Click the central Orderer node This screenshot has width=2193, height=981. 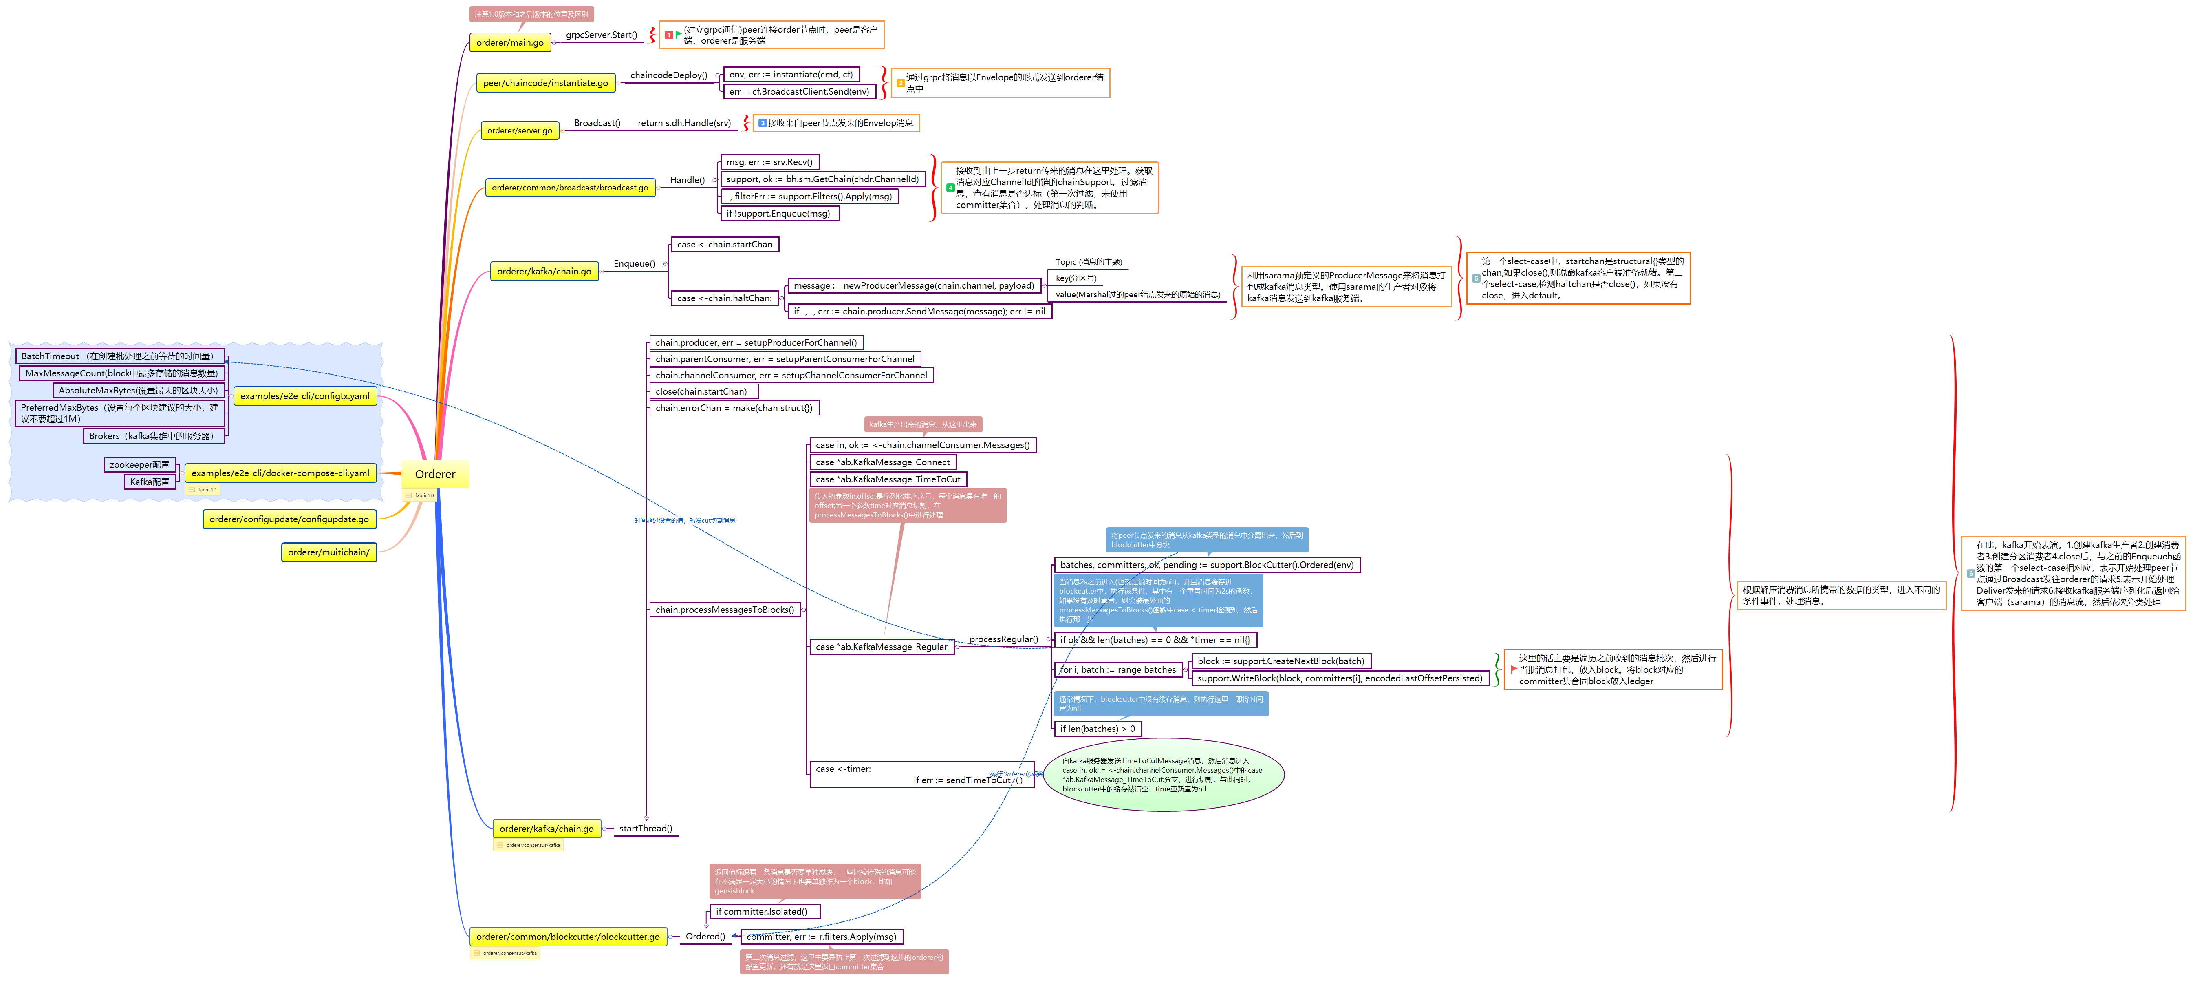click(435, 474)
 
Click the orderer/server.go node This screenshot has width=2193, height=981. click(519, 130)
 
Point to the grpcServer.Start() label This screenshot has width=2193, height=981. click(601, 35)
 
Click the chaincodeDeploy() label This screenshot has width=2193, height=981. click(668, 75)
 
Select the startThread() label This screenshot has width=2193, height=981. click(645, 828)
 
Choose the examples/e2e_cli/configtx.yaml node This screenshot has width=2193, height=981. click(305, 396)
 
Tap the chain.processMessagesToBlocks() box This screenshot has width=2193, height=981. click(725, 610)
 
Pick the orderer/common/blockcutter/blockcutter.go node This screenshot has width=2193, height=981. click(568, 937)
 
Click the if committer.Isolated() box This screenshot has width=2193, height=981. click(761, 911)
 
